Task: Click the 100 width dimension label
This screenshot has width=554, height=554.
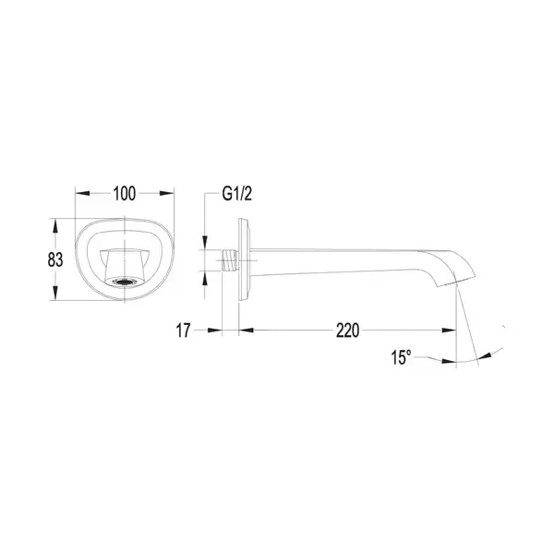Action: [x=124, y=194]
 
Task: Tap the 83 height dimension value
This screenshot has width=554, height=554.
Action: [x=55, y=259]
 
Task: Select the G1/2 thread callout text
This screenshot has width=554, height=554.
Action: [x=237, y=194]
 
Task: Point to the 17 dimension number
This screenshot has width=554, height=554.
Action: [x=183, y=331]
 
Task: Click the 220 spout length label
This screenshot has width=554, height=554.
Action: [x=347, y=331]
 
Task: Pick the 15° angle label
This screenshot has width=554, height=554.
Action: [x=402, y=357]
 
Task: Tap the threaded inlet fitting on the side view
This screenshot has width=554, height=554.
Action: [x=230, y=260]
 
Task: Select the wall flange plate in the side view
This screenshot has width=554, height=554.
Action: [x=245, y=259]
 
